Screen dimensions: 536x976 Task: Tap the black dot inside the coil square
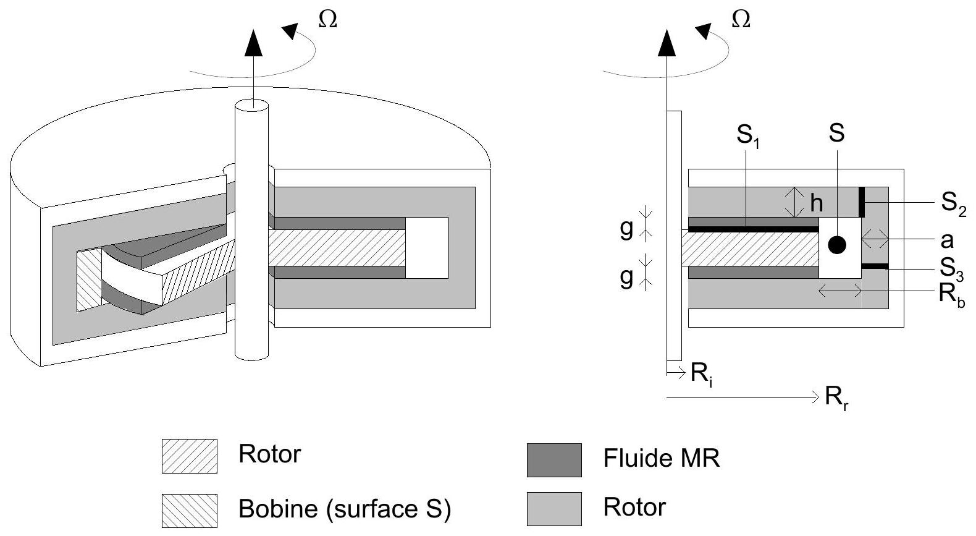pos(836,245)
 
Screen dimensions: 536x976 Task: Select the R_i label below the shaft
pos(702,374)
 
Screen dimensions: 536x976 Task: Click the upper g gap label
pos(626,228)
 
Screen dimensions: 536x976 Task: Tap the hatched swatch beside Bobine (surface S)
pos(189,510)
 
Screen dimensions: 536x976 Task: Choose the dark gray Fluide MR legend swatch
pos(554,460)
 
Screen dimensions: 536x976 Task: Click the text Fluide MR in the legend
pos(661,459)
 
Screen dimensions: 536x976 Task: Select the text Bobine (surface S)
pos(345,509)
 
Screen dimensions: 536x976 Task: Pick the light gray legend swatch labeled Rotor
pos(554,509)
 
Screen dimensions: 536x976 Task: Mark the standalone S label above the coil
pos(836,134)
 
